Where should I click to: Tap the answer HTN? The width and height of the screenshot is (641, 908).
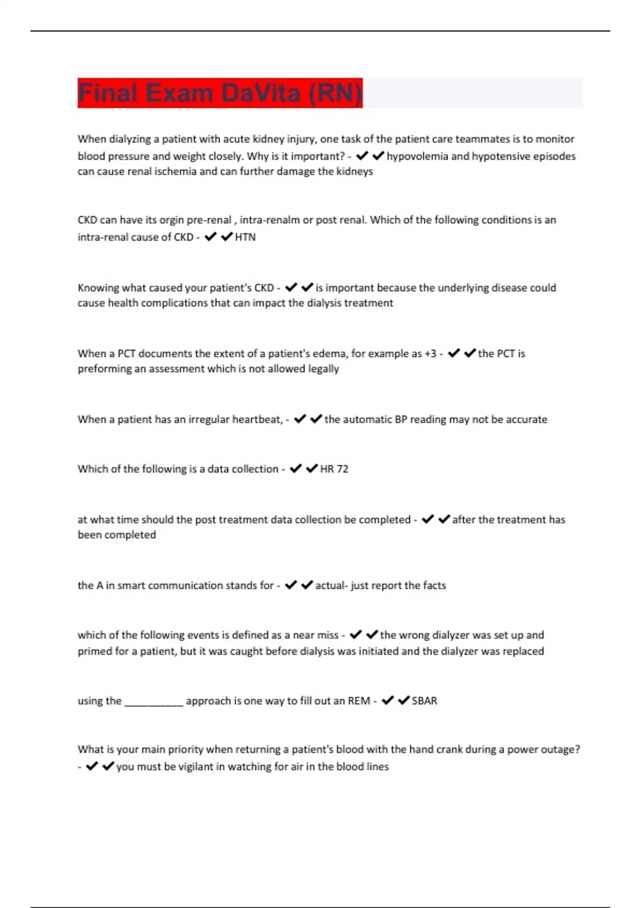point(245,237)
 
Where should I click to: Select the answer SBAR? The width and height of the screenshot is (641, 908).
point(424,701)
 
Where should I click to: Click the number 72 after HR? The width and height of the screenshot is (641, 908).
point(342,469)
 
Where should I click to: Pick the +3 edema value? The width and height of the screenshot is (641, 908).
point(431,354)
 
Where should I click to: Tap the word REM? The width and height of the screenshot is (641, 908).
point(359,701)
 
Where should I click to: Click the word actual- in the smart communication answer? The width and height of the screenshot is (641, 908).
point(332,585)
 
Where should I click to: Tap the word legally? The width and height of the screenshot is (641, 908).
point(323,369)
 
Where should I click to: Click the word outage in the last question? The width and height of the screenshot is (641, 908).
point(563,749)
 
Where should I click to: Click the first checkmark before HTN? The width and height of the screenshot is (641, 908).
point(210,237)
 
